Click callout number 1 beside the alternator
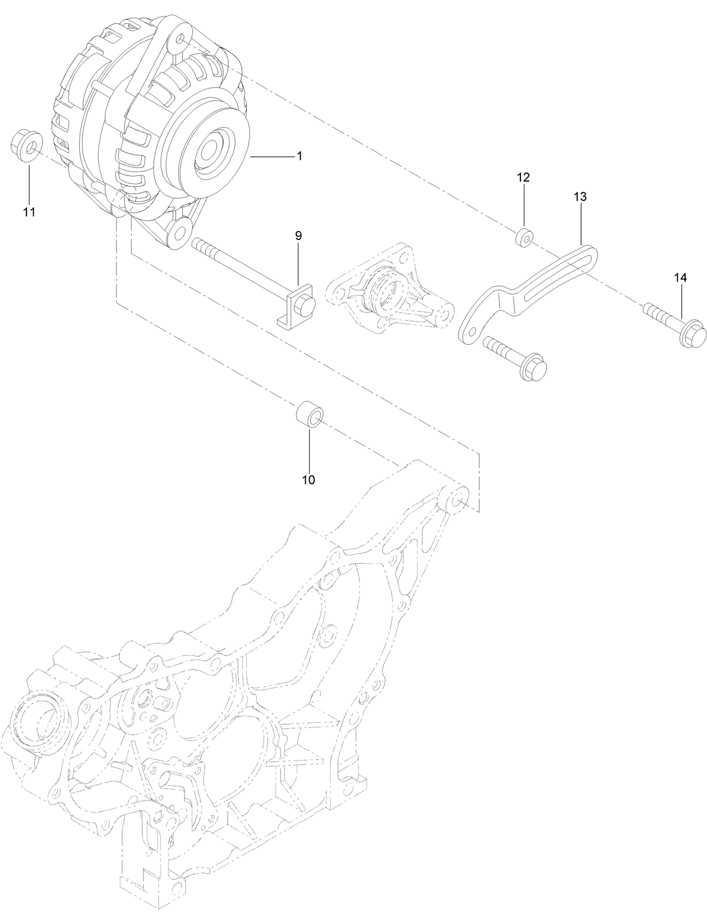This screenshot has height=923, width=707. (x=300, y=156)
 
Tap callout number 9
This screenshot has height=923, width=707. (x=298, y=236)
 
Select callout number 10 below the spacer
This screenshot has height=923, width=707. (x=309, y=479)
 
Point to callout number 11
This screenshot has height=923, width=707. (x=29, y=212)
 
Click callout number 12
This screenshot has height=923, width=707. (x=523, y=178)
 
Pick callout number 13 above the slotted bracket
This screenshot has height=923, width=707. (x=580, y=197)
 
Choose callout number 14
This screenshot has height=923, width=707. (x=681, y=278)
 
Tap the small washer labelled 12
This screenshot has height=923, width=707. (x=524, y=238)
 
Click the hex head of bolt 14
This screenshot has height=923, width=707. (x=695, y=332)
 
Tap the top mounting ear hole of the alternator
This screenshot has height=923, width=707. (x=180, y=40)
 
